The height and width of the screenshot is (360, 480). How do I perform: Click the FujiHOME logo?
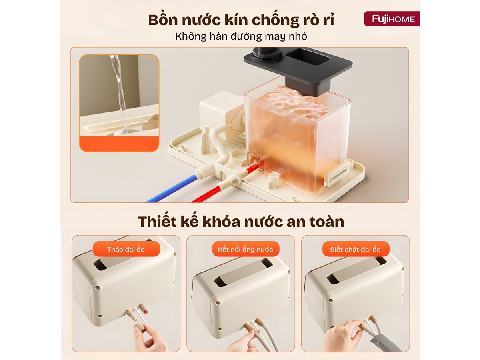[x=392, y=19]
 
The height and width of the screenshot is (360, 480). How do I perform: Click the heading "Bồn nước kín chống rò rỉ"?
[x=241, y=20]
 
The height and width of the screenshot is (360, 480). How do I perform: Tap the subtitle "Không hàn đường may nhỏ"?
[x=241, y=36]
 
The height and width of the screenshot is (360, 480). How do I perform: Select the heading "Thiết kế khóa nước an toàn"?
[x=241, y=222]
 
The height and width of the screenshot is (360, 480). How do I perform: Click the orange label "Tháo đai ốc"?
[x=126, y=249]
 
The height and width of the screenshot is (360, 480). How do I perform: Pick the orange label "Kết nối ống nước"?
[x=245, y=249]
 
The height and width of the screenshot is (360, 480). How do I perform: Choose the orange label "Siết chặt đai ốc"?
[x=355, y=249]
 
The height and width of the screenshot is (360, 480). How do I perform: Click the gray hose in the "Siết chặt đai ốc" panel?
[x=385, y=343]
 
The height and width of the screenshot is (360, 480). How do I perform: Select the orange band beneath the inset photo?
[x=119, y=144]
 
